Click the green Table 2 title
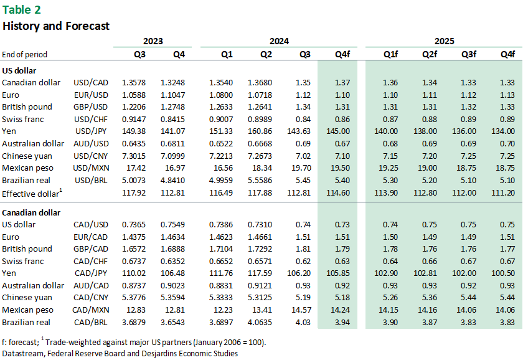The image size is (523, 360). point(22,10)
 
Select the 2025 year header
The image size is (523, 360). point(445,41)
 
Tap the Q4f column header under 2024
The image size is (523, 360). point(342,54)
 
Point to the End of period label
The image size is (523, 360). point(25,54)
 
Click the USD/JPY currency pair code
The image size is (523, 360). point(91,131)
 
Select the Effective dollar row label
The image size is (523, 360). point(32,193)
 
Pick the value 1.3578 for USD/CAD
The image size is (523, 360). point(134,83)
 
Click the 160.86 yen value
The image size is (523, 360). point(260,131)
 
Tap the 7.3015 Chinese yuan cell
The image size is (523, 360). point(134,156)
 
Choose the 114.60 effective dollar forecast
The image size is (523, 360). point(338,193)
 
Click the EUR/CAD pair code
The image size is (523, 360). point(91,237)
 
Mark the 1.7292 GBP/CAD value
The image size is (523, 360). point(260,249)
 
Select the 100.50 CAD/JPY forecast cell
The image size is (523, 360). point(503,273)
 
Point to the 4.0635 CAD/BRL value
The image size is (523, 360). point(260,323)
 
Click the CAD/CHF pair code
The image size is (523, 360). point(91,262)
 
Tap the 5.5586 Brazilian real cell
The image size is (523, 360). point(260,181)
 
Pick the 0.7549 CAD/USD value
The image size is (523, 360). point(173,225)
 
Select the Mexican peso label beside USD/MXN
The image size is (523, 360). point(27,168)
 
